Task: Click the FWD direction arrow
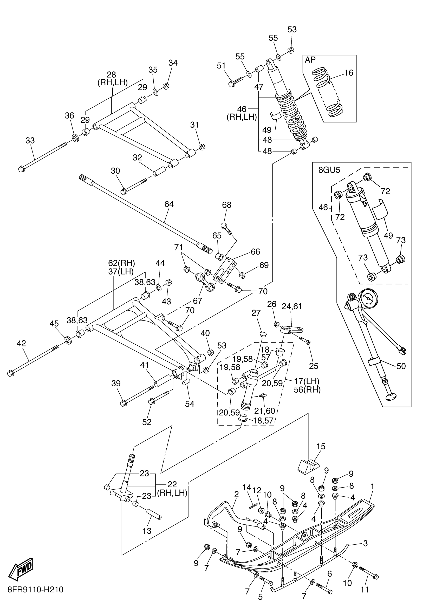pos(22,569)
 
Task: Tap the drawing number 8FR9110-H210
pos(35,590)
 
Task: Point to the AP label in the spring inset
pos(310,60)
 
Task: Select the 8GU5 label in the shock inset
pos(329,170)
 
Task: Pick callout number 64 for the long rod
pos(169,204)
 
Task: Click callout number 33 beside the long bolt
pos(30,140)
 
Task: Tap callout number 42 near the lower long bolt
pos(21,343)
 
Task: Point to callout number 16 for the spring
pos(349,73)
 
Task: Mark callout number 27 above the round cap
pos(256,313)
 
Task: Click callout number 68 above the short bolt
pos(226,205)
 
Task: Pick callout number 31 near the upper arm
pos(194,125)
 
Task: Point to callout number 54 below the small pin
pos(190,404)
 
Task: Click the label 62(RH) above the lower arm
pos(121,263)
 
